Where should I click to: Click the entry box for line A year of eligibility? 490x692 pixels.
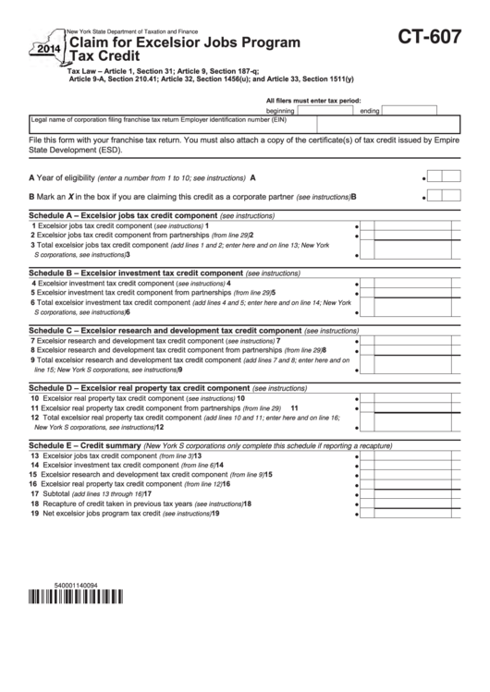coord(441,176)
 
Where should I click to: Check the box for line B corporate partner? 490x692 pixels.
coord(441,195)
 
